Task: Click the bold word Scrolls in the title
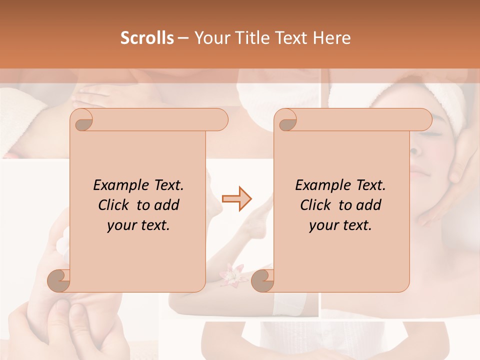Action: point(147,38)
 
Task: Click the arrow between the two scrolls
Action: point(236,199)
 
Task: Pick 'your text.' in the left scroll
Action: point(138,225)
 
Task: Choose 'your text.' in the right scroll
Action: point(340,225)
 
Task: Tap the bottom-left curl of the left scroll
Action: point(59,280)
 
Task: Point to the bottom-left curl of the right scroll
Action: point(263,280)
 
